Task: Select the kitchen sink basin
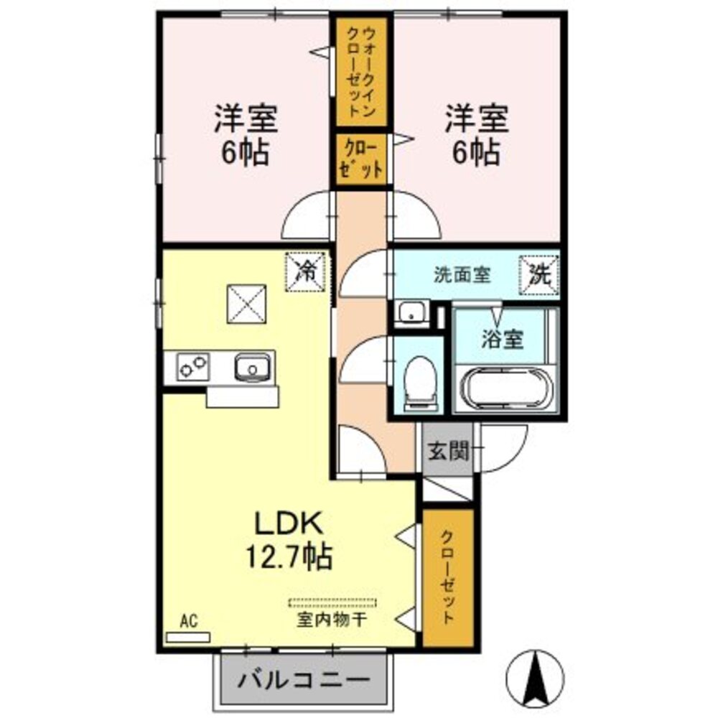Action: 252,368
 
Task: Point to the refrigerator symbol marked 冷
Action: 307,272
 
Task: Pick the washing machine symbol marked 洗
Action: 539,274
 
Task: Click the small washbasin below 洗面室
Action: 411,314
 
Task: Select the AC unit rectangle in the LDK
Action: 188,636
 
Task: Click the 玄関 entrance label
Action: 449,451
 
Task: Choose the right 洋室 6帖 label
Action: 476,134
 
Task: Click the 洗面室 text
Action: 462,275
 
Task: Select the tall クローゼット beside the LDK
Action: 448,577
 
